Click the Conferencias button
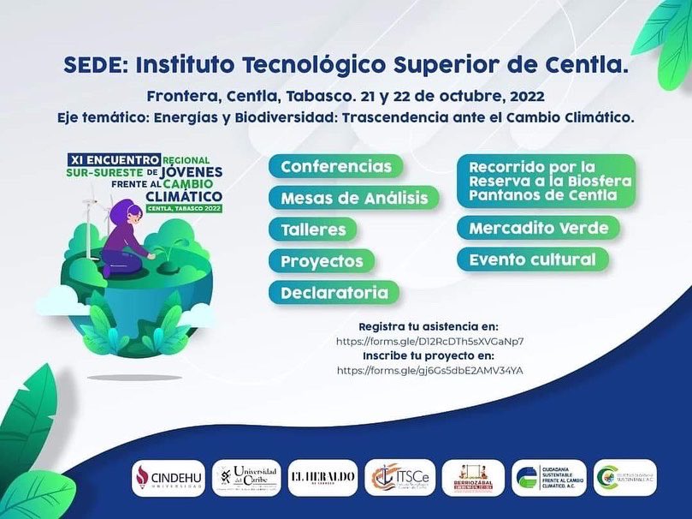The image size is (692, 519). pyautogui.click(x=336, y=166)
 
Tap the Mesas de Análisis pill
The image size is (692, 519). pyautogui.click(x=354, y=198)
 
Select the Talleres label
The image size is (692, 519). pyautogui.click(x=313, y=230)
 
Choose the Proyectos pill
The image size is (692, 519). pyautogui.click(x=322, y=261)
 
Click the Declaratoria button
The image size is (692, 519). pyautogui.click(x=334, y=293)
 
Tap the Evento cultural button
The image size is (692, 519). pyautogui.click(x=533, y=259)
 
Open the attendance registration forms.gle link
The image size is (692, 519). pyautogui.click(x=429, y=341)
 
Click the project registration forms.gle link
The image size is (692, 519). pyautogui.click(x=429, y=370)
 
